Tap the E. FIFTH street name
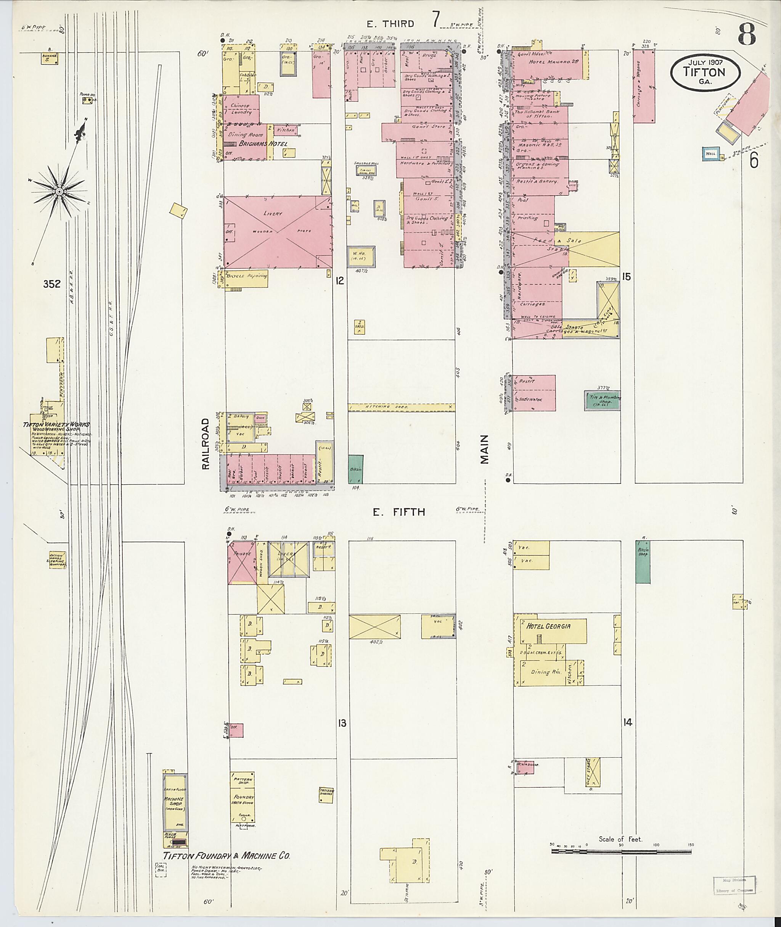point(399,512)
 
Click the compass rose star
point(59,192)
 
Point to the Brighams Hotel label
point(263,144)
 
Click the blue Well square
point(710,154)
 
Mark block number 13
point(342,723)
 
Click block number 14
point(627,722)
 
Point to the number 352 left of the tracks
point(51,284)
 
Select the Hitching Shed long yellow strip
point(401,407)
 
